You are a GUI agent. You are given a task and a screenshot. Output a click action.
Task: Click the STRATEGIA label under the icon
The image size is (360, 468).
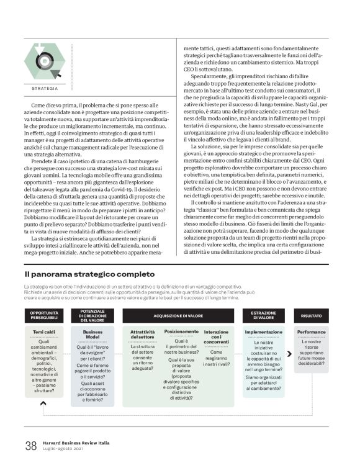(x=44, y=89)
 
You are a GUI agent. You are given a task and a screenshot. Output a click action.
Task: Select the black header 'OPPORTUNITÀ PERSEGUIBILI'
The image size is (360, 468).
(x=44, y=316)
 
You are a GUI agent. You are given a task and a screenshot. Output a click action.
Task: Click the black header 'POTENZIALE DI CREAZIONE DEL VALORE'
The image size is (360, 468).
(x=93, y=315)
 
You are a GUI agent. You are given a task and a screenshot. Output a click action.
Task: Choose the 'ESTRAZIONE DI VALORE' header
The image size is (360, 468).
(x=263, y=316)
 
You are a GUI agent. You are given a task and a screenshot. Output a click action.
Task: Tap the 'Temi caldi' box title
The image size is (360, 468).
(x=44, y=333)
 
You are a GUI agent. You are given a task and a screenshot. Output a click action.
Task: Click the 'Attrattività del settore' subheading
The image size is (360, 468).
(x=142, y=336)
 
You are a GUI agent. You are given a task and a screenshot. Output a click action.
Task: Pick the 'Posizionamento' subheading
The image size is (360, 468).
(x=181, y=331)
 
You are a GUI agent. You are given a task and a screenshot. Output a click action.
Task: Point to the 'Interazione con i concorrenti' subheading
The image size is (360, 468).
(x=216, y=336)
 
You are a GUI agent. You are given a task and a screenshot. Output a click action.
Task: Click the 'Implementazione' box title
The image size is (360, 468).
(x=263, y=332)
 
